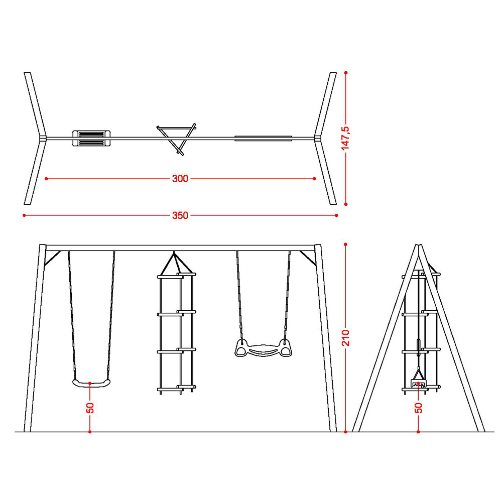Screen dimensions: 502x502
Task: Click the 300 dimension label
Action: pos(180,179)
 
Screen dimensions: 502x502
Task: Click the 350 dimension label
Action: pos(180,215)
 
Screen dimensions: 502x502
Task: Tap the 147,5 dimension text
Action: pos(345,139)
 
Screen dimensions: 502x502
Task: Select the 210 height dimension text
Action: pos(346,338)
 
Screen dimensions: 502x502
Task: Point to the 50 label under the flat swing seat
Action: pos(90,408)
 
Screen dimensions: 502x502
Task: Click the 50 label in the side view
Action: pos(419,408)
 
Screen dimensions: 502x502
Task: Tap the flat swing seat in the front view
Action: pos(91,383)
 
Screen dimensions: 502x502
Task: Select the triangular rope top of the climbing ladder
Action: pos(174,264)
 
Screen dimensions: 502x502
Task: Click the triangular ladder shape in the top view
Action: pos(176,139)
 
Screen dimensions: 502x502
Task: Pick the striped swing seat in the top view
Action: pos(91,139)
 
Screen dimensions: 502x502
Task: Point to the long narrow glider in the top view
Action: pos(263,139)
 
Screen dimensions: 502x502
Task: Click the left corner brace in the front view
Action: pos(53,258)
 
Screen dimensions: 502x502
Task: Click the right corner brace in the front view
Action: pos(308,258)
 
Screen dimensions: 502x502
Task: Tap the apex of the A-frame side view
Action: pos(419,245)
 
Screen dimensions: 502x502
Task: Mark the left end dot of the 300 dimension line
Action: pos(46,179)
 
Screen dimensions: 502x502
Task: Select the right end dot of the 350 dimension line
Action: pos(336,215)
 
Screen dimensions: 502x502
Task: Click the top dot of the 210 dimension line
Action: pos(346,244)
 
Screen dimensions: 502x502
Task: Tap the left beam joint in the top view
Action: pos(43,139)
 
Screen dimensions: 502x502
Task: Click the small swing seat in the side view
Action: pos(419,383)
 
